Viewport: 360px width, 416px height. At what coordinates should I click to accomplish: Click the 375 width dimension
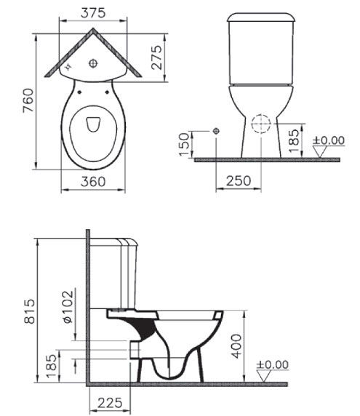point(93,13)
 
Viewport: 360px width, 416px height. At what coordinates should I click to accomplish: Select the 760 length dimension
point(28,100)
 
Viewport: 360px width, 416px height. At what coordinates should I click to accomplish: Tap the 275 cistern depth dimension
point(156,57)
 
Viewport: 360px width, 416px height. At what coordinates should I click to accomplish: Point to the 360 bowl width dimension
point(93,182)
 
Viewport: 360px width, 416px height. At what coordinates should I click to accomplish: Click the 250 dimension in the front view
point(239,180)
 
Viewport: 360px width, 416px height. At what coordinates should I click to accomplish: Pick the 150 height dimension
point(185,144)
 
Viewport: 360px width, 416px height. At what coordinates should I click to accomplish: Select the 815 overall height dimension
point(29,311)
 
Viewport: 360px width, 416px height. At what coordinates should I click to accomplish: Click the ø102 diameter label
point(68,307)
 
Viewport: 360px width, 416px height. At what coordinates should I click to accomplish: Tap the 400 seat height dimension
point(236,346)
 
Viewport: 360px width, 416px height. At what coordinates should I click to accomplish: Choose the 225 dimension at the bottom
point(110,403)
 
